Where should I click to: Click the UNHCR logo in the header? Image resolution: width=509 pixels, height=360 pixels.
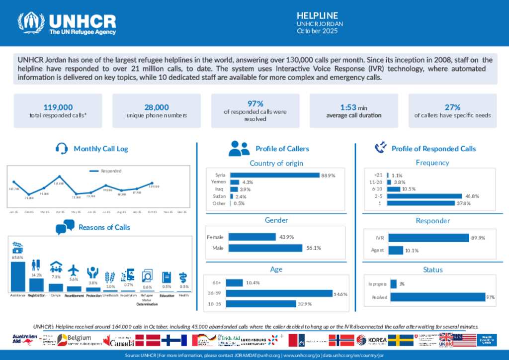(x=67, y=23)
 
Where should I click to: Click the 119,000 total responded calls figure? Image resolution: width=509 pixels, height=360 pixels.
(x=58, y=107)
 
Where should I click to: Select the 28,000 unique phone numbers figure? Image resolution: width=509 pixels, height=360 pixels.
(x=157, y=107)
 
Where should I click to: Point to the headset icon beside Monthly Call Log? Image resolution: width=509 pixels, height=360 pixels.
(x=62, y=148)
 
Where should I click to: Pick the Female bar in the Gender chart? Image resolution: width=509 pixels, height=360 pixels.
(x=252, y=237)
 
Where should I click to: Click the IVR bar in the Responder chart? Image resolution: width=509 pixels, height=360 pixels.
(x=428, y=238)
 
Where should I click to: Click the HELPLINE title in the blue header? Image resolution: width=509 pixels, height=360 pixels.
(x=317, y=15)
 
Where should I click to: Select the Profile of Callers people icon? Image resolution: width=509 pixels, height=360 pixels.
(x=239, y=148)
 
